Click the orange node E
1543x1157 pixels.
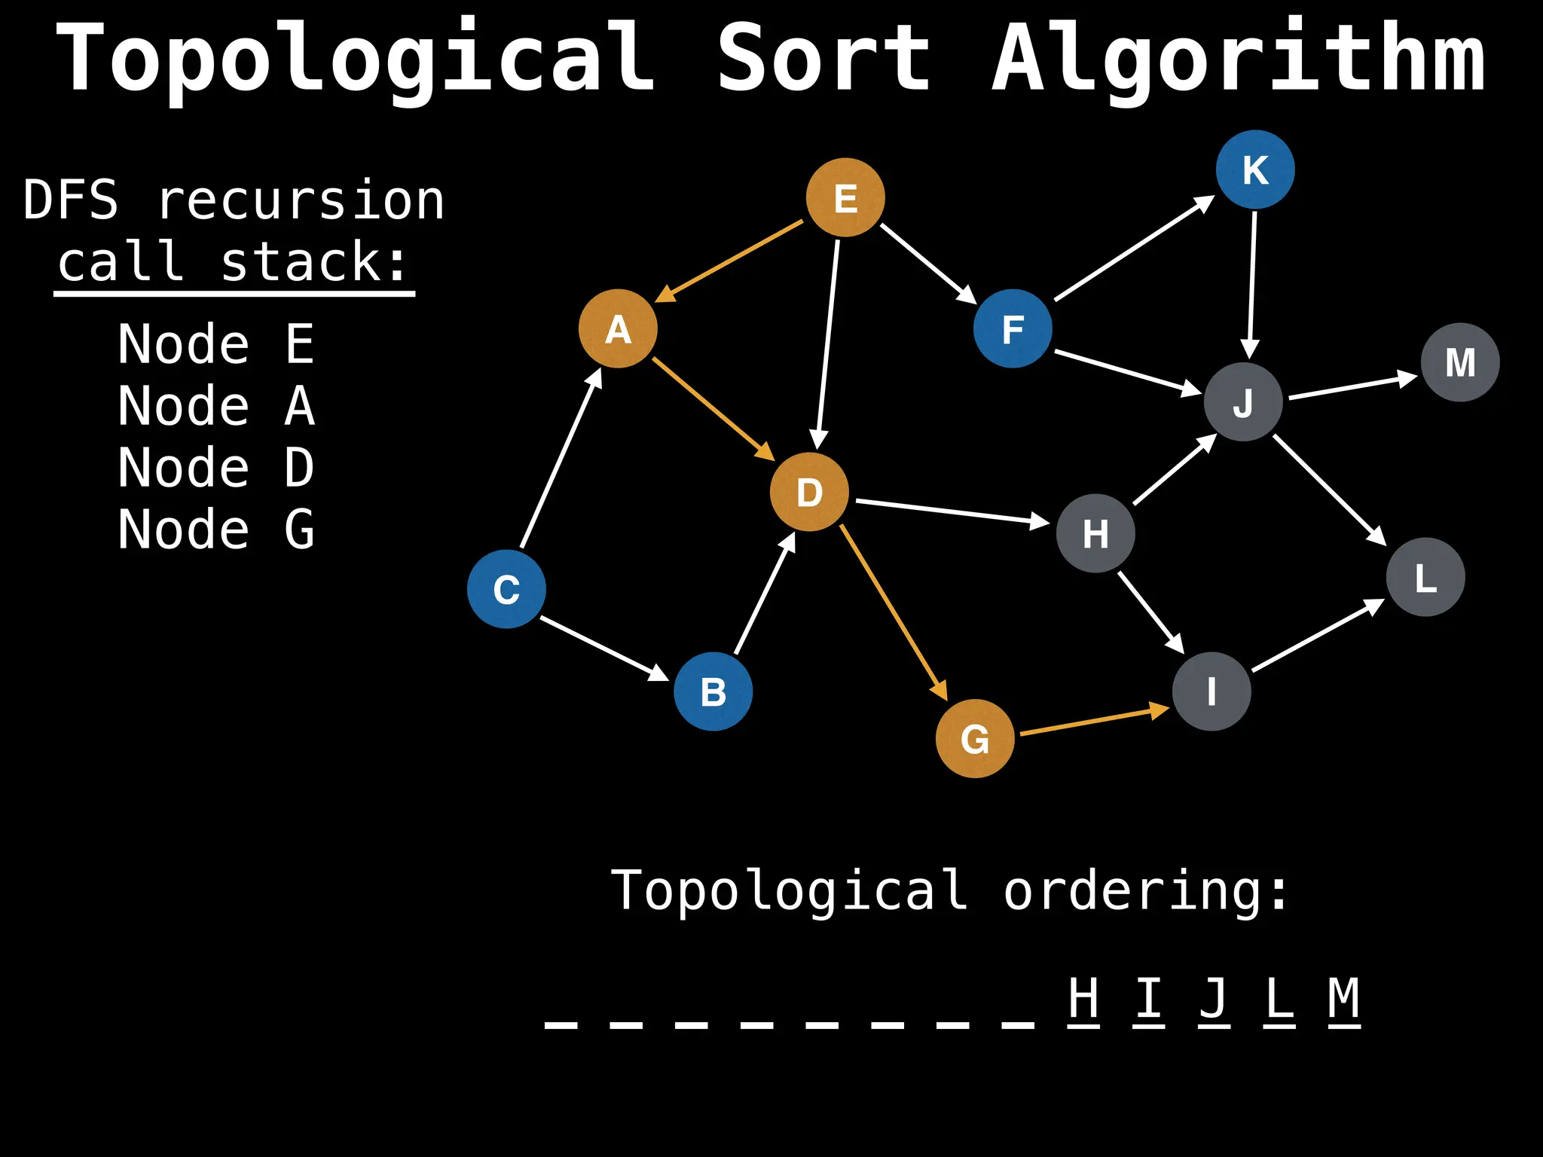(x=845, y=197)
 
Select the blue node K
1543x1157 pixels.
(x=1255, y=169)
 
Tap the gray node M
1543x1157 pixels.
(x=1460, y=362)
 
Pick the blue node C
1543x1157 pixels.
(x=506, y=589)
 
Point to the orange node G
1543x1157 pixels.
(x=975, y=738)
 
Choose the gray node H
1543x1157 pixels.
(x=1095, y=533)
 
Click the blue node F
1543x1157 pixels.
(x=1013, y=328)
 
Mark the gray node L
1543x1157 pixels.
(x=1425, y=577)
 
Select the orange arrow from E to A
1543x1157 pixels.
(x=729, y=261)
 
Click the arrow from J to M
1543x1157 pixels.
(x=1353, y=386)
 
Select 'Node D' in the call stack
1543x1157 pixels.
(x=215, y=468)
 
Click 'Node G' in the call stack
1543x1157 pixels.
(x=215, y=530)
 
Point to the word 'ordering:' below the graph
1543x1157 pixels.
(x=1146, y=891)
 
